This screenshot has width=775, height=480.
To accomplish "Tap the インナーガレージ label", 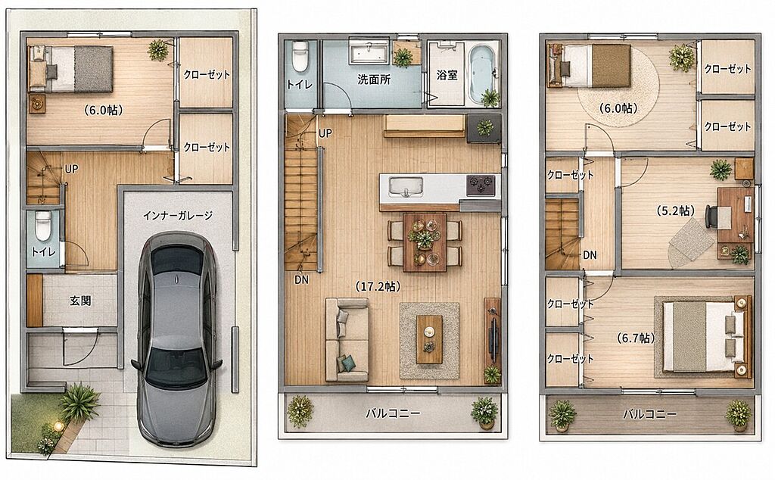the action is tap(177, 216).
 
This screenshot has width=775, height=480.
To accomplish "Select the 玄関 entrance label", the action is tap(80, 301).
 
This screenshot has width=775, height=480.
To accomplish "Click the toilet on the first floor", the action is tap(43, 225).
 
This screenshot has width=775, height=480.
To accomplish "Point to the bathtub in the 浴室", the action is tap(481, 72).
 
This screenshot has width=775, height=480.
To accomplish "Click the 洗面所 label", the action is tap(374, 79).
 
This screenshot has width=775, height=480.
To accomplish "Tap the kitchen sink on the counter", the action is tap(406, 187).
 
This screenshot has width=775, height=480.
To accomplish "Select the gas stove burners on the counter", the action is tap(481, 185).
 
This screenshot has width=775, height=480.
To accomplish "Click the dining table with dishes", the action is tap(425, 242).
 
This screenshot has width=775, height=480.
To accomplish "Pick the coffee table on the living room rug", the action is tap(429, 339).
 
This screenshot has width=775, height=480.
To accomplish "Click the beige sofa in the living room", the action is tap(347, 340).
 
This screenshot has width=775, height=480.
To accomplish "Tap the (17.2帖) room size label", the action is tap(378, 285).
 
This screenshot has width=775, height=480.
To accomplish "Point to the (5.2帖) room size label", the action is tap(675, 211).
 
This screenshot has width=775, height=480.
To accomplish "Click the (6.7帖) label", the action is tap(636, 338).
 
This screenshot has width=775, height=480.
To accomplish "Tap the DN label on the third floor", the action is tap(590, 255).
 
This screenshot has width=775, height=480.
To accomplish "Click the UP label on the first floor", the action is tap(72, 169).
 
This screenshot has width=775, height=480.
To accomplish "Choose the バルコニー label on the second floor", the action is tap(393, 413).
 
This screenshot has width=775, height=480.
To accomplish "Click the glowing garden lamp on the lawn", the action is tap(58, 425).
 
